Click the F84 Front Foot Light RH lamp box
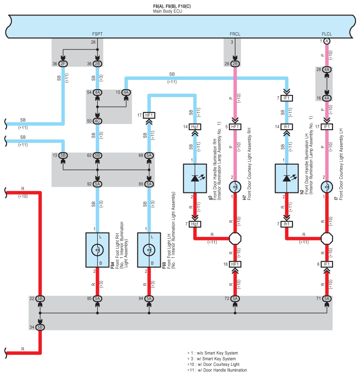tap(97, 250)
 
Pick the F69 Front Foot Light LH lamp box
tap(149, 250)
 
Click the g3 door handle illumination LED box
tap(195, 178)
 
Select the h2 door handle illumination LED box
tap(287, 178)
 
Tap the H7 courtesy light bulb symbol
tap(235, 188)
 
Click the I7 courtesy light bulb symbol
tap(327, 188)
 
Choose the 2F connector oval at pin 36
tap(63, 64)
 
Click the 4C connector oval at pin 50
tap(97, 120)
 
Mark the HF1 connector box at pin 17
tap(149, 116)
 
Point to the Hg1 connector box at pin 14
tap(195, 127)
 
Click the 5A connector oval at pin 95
tap(97, 299)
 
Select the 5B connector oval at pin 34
tap(40, 327)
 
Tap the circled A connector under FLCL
tap(327, 41)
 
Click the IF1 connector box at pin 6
tap(327, 264)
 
